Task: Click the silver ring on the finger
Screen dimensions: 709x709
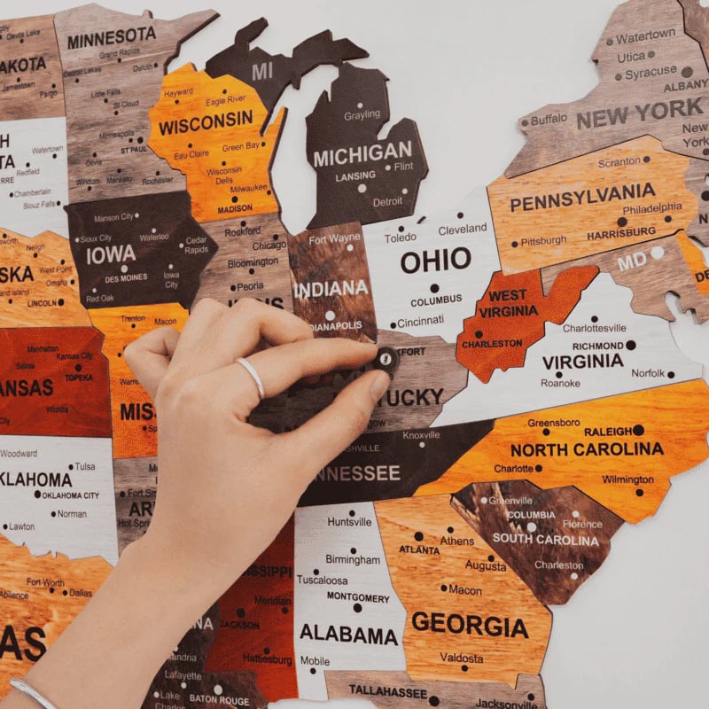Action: [x=252, y=377]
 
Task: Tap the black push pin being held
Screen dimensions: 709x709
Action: [x=386, y=359]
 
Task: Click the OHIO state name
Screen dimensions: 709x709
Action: [x=435, y=261]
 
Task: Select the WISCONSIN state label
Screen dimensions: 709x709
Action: [x=206, y=123]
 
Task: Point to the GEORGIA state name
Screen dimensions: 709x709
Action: [x=470, y=624]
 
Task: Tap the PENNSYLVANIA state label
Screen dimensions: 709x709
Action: [x=582, y=197]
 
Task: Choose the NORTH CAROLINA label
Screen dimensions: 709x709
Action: [x=587, y=449]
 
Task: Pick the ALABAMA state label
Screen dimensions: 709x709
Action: [x=348, y=635]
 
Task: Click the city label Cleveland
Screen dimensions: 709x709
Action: [x=463, y=229]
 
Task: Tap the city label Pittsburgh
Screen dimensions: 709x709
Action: [x=543, y=241]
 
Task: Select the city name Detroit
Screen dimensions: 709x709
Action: [x=387, y=201]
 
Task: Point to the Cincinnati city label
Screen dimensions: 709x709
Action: [x=420, y=323]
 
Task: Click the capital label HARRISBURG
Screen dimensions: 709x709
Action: [x=621, y=231]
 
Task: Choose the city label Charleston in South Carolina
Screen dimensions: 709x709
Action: [x=558, y=565]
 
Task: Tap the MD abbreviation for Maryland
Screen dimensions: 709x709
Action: [x=632, y=263]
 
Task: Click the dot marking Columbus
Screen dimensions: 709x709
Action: [x=435, y=288]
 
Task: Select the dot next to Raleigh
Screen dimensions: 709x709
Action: [x=638, y=430]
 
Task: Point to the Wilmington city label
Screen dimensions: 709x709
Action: [x=627, y=479]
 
